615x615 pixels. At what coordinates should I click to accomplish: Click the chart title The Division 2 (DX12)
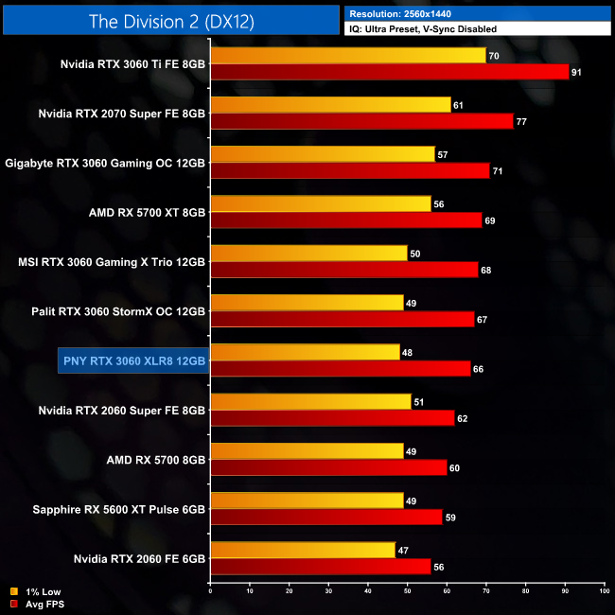pyautogui.click(x=170, y=20)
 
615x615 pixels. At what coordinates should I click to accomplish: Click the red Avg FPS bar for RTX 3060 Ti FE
pyautogui.click(x=389, y=72)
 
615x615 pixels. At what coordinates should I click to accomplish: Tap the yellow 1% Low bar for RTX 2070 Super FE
pyautogui.click(x=330, y=105)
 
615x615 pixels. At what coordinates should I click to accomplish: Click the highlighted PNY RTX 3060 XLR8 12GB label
pyautogui.click(x=132, y=360)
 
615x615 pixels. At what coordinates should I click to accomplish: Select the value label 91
pyautogui.click(x=576, y=72)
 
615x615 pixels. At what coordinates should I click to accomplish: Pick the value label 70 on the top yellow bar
pyautogui.click(x=493, y=56)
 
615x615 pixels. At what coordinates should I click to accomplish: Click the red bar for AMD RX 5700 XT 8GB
pyautogui.click(x=345, y=220)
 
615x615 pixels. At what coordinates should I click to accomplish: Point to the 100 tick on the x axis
pyautogui.click(x=604, y=592)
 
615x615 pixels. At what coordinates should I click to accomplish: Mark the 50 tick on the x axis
pyautogui.click(x=407, y=592)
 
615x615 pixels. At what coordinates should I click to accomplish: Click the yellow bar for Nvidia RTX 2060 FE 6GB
pyautogui.click(x=303, y=550)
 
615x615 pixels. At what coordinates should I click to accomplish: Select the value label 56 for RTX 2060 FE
pyautogui.click(x=438, y=566)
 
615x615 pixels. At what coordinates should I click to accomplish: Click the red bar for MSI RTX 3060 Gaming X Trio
pyautogui.click(x=343, y=270)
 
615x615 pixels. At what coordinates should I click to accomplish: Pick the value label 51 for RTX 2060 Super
pyautogui.click(x=418, y=402)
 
